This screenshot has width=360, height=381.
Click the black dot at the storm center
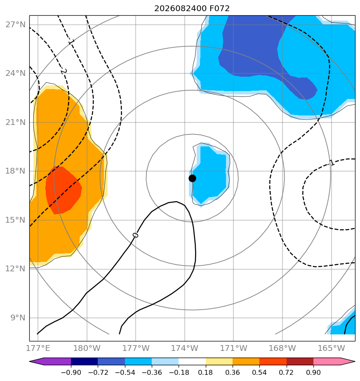pos(192,179)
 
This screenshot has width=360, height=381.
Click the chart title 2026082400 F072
pos(192,9)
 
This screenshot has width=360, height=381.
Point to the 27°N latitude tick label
pos(15,25)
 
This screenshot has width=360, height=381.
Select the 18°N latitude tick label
pos(15,171)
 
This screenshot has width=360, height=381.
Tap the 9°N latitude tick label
pos(18,318)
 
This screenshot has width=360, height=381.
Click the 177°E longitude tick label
pos(38,348)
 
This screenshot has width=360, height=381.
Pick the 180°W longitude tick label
pos(87,348)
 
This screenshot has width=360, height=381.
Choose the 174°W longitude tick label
pos(184,348)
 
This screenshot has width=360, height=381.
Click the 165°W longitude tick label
pos(331,348)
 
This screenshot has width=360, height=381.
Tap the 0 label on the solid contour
pos(135,235)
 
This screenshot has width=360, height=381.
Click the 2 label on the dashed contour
pos(64,71)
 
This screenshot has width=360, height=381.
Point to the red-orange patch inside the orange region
pos(64,190)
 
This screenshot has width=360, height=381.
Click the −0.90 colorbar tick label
pos(71,372)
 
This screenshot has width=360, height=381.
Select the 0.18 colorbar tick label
pos(206,372)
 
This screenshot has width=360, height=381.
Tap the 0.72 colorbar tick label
pos(286,372)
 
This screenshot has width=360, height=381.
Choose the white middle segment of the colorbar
pos(192,361)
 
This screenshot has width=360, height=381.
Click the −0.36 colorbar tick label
pos(152,372)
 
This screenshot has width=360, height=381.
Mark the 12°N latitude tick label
pos(15,269)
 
